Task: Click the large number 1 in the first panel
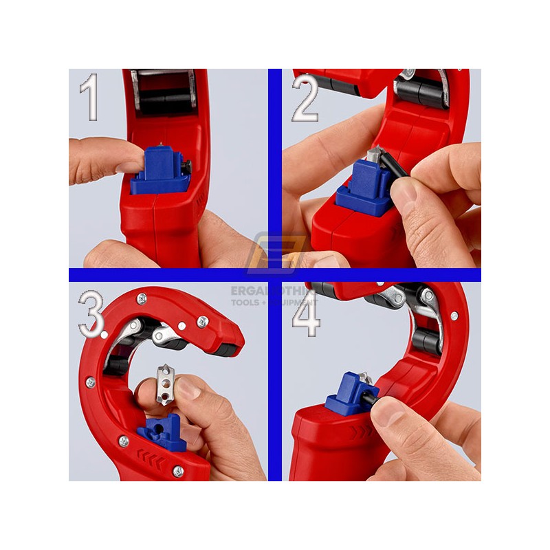click(89, 98)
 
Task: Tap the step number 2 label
click(305, 98)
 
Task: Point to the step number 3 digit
click(90, 314)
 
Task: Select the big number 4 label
click(306, 314)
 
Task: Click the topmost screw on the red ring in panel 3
click(142, 297)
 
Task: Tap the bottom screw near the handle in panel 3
click(178, 471)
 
